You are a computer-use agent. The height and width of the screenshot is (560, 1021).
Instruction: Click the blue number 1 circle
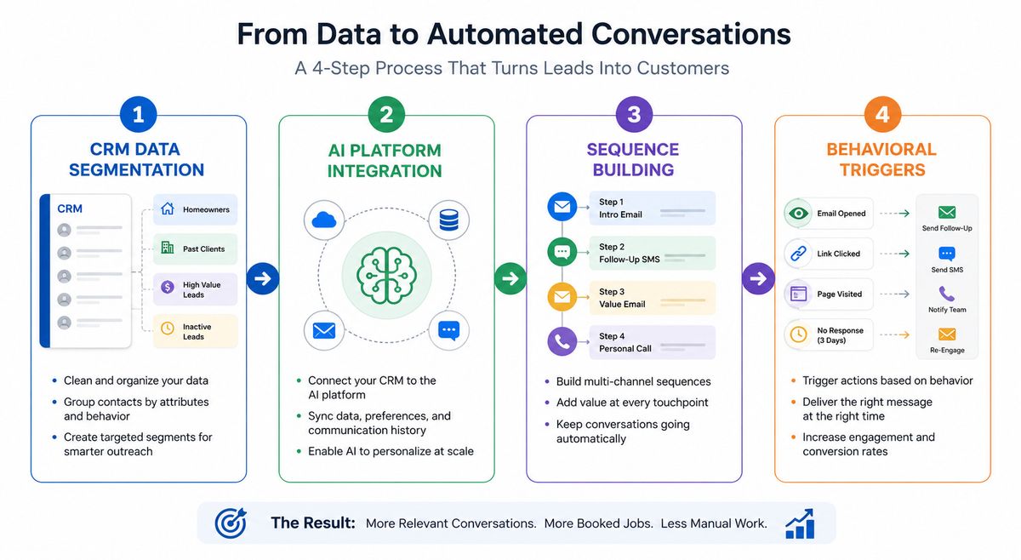[x=138, y=114]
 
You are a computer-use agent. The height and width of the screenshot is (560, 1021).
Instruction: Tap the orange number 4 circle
[x=882, y=114]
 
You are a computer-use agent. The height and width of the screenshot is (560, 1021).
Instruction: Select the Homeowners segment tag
[x=195, y=209]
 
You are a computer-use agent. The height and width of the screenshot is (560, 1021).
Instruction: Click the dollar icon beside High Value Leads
[x=168, y=287]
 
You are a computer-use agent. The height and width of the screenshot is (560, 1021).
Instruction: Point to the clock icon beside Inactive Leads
[x=168, y=328]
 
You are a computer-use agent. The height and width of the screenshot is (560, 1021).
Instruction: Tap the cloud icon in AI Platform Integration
[x=324, y=220]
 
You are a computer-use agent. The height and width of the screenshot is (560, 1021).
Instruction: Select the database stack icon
[x=449, y=220]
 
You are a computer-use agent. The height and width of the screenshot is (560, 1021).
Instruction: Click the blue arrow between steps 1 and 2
[x=263, y=278]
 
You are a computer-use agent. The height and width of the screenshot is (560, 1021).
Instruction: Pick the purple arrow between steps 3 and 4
[x=758, y=278]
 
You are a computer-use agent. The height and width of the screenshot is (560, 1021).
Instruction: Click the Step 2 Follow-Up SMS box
[x=653, y=253]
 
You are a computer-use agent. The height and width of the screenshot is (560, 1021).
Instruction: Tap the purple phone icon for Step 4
[x=562, y=341]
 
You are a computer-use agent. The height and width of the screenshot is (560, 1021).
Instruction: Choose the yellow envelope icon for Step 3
[x=562, y=297]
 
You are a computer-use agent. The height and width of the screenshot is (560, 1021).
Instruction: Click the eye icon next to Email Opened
[x=798, y=213]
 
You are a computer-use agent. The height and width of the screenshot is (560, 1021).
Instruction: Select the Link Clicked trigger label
[x=838, y=254]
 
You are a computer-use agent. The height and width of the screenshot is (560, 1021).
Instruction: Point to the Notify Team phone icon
[x=947, y=294]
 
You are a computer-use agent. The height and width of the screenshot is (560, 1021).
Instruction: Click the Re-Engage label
[x=947, y=351]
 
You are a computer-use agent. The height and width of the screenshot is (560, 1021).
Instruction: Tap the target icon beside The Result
[x=231, y=523]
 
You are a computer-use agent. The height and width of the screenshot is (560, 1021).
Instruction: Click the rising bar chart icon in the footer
[x=800, y=523]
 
